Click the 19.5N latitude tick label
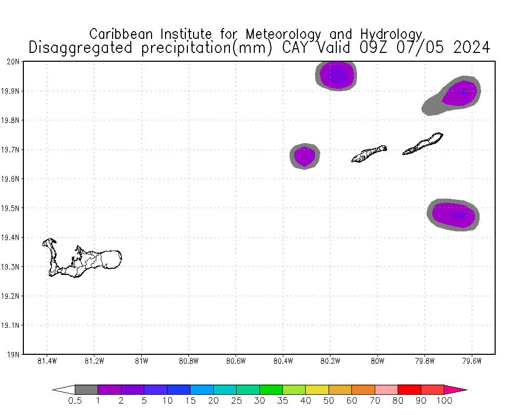11,209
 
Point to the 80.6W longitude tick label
236,361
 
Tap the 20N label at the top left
13,62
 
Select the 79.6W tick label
472,361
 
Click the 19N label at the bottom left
13,355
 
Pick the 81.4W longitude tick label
47,361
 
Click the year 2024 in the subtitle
471,48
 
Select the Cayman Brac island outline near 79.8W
423,144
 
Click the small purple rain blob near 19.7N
304,156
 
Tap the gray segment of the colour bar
86,389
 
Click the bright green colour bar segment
270,389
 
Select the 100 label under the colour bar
445,400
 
